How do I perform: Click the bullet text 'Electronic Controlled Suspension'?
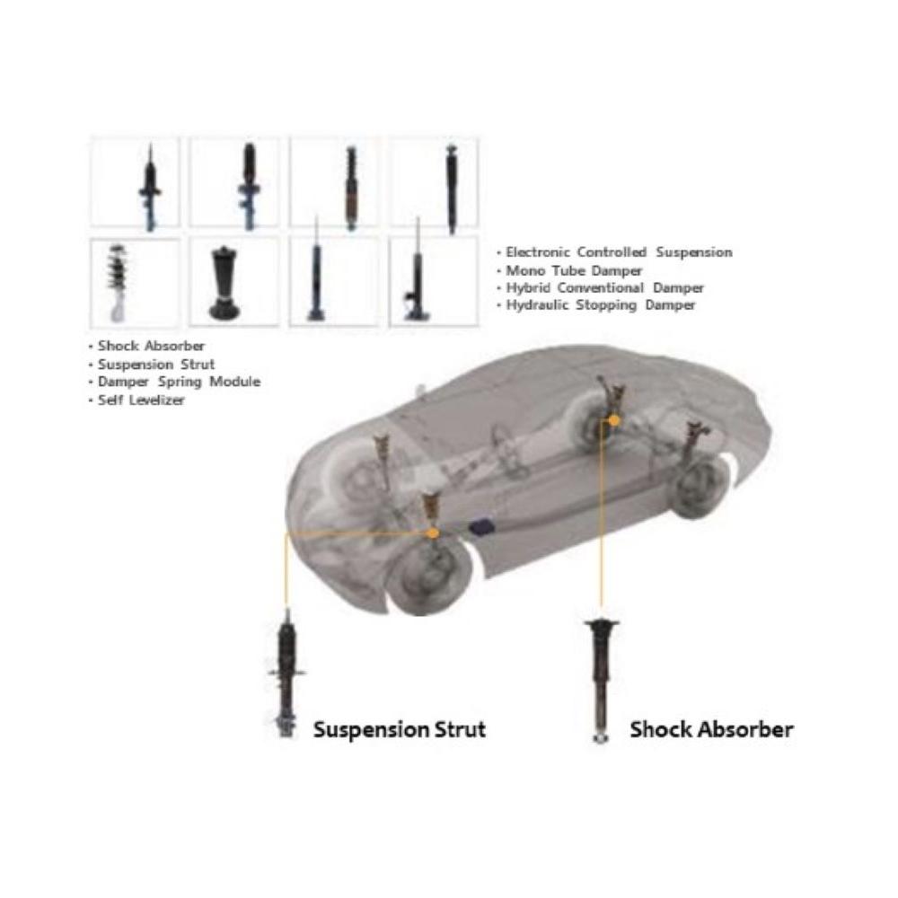[x=619, y=252]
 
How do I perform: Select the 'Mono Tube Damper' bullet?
[x=574, y=270]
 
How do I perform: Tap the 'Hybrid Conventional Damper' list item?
[x=604, y=288]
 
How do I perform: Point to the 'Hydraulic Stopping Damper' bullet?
[x=601, y=305]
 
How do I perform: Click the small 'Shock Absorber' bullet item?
[x=151, y=346]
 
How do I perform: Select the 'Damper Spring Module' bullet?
[x=179, y=382]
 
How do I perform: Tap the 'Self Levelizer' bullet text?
[x=141, y=401]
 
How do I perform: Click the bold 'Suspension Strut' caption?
[x=399, y=729]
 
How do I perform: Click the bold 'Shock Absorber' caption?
[x=711, y=729]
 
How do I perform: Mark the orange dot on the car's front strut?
[x=433, y=533]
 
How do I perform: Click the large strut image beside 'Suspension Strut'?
[x=286, y=673]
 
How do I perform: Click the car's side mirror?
[x=418, y=392]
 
